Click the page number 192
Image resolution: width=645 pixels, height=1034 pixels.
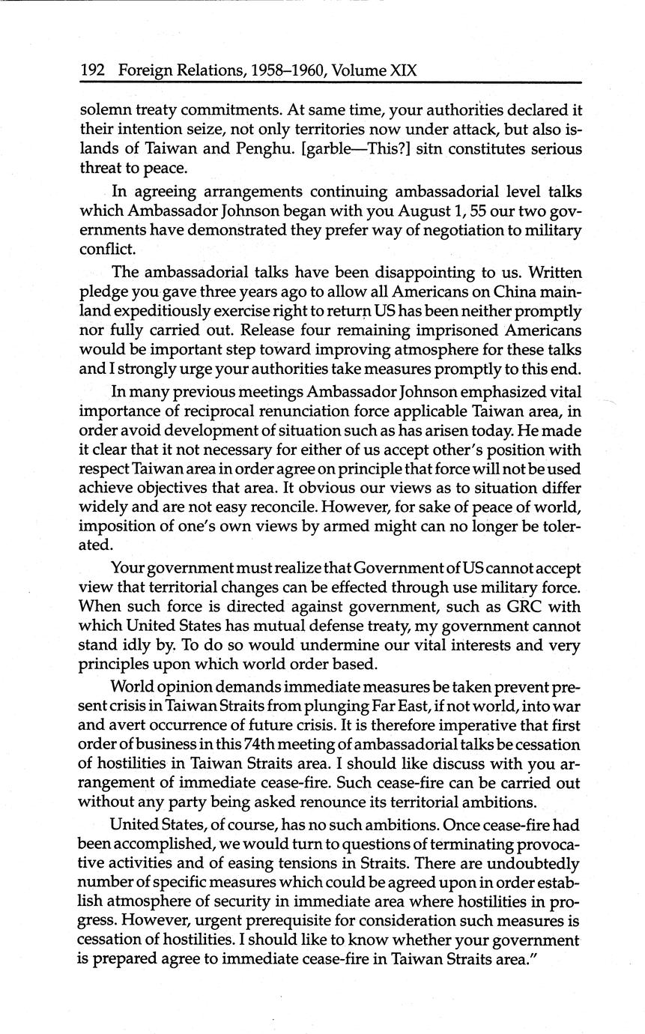(91, 71)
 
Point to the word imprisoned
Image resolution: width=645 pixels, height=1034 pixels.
(427, 330)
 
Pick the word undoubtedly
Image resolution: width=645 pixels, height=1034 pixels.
(532, 862)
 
